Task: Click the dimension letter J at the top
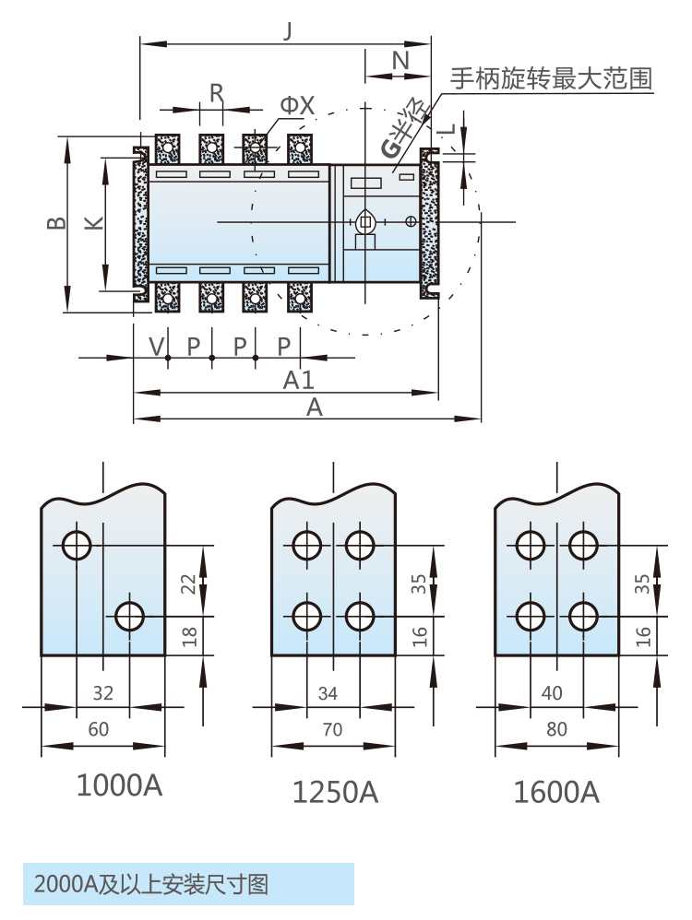(288, 30)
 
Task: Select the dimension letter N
(400, 61)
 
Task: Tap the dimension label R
(216, 92)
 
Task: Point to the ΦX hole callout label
(297, 108)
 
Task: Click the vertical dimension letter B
(55, 223)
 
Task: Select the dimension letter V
(156, 346)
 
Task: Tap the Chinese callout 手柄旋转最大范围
(551, 78)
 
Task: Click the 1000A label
(119, 785)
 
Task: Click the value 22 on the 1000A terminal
(188, 583)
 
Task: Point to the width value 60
(98, 729)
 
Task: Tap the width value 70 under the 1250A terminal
(332, 729)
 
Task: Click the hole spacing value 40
(552, 693)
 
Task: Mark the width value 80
(556, 729)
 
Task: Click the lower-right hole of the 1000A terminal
(130, 616)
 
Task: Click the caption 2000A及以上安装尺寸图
(151, 885)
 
